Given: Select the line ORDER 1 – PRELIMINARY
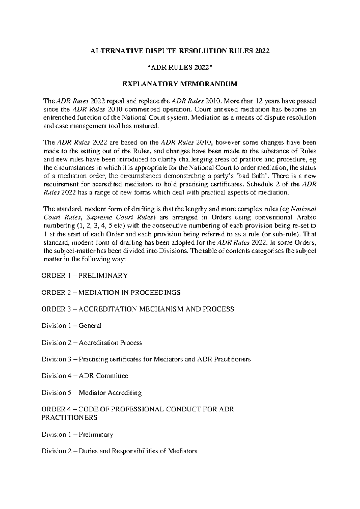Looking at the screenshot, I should [x=84, y=276].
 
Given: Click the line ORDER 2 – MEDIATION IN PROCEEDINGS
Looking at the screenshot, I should [x=111, y=292].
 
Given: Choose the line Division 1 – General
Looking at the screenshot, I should [x=71, y=326].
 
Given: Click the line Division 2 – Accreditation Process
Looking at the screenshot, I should [x=91, y=343].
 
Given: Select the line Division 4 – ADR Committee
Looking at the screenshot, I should [x=85, y=376].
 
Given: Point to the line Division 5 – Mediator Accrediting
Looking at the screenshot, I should [x=91, y=393].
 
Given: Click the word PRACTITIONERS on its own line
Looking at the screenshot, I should [x=69, y=417].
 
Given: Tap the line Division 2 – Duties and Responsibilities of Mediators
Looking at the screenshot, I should [x=119, y=451].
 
